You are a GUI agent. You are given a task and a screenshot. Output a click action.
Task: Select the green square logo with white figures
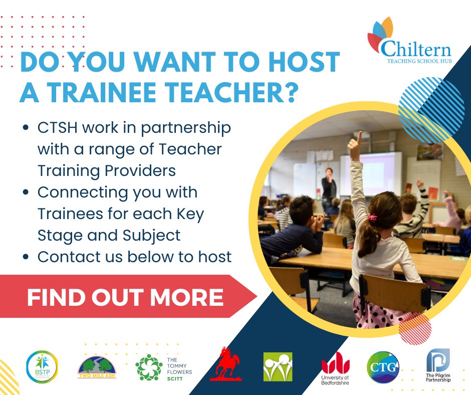(278, 366)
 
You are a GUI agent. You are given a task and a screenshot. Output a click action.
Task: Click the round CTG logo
(383, 367)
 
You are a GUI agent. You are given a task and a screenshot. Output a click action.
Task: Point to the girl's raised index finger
(358, 137)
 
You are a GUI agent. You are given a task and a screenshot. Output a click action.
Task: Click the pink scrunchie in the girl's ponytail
(372, 218)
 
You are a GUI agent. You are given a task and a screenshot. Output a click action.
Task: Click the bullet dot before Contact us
(26, 257)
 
